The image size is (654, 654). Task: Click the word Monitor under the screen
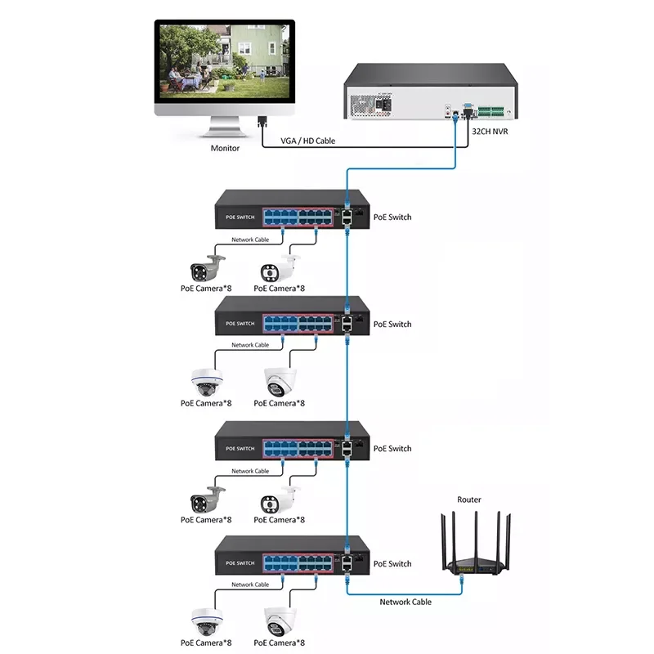coord(226,148)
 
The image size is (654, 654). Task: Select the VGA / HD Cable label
coord(307,141)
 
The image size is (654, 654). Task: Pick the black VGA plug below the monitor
coord(262,122)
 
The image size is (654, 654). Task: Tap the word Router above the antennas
coord(469,499)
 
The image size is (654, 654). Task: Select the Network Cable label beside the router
coord(405,602)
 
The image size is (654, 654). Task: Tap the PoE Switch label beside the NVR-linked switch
coord(392,217)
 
